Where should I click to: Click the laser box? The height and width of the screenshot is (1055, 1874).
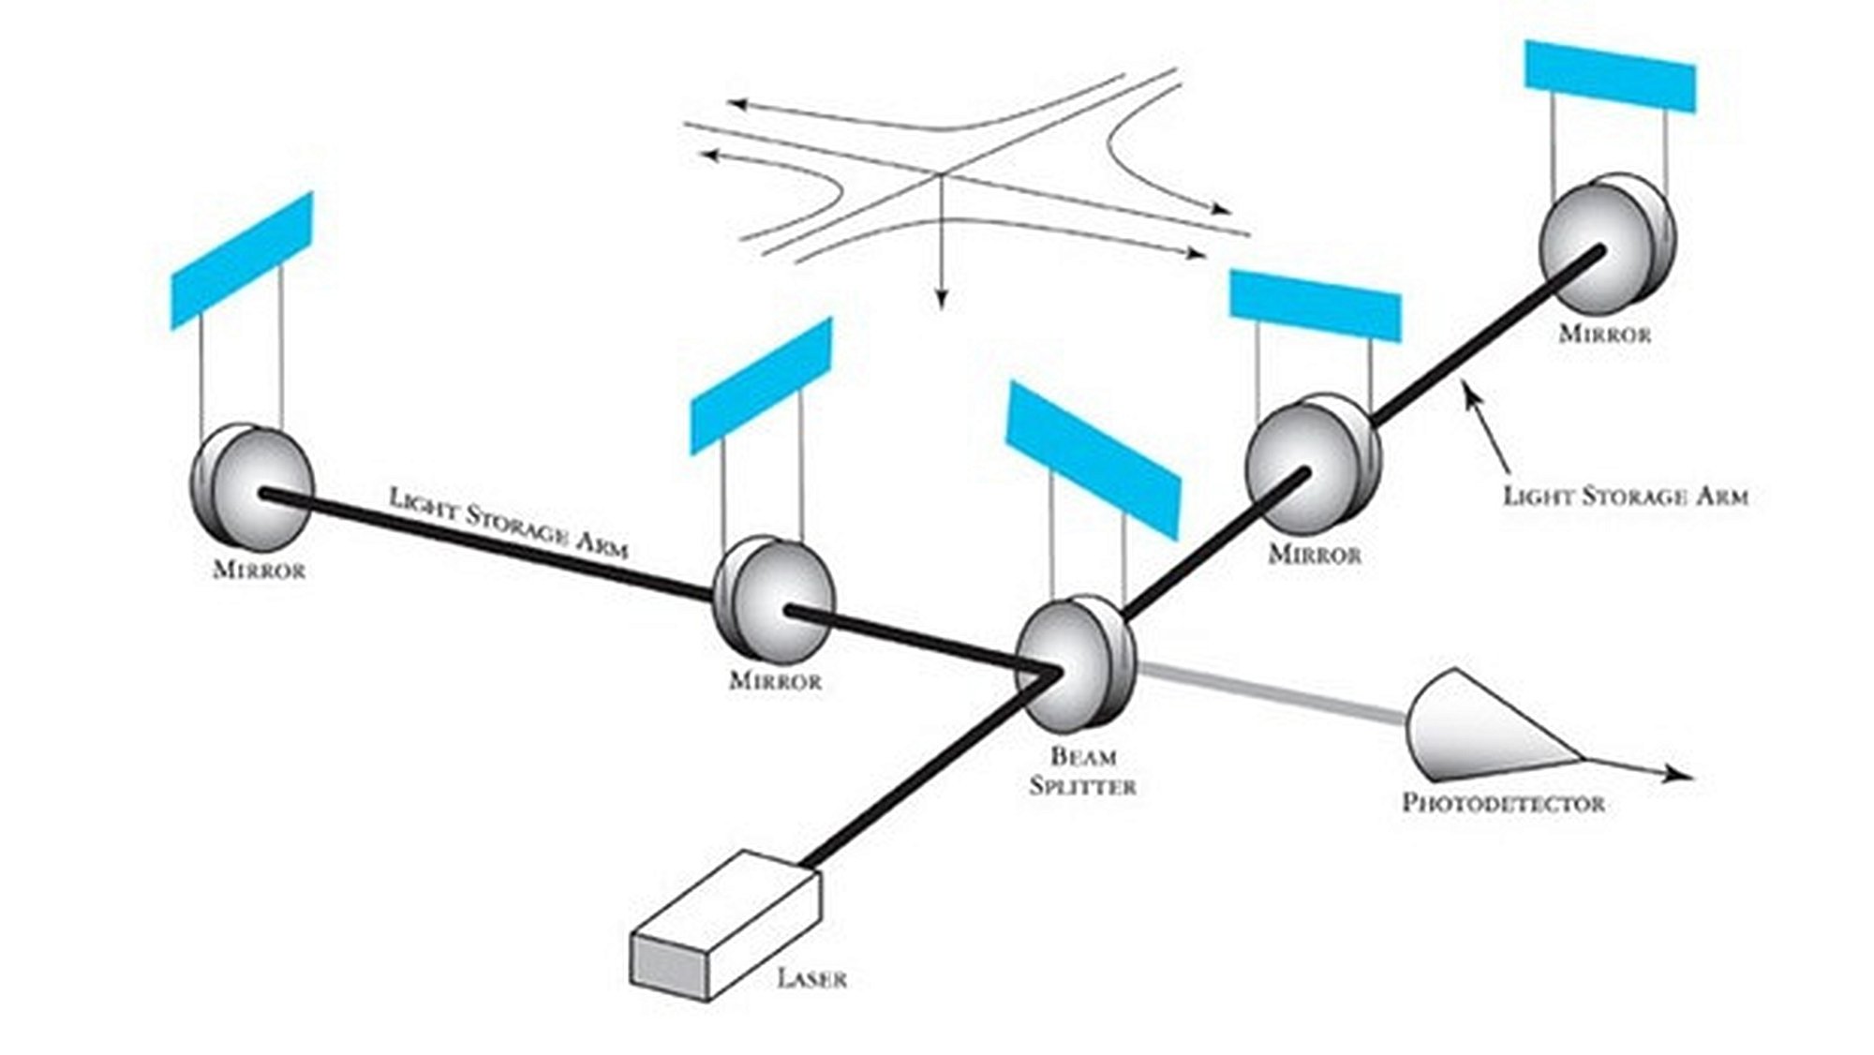pyautogui.click(x=726, y=928)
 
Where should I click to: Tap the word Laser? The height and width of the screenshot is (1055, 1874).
pyautogui.click(x=811, y=979)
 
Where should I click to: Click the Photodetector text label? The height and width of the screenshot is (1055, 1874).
pyautogui.click(x=1503, y=803)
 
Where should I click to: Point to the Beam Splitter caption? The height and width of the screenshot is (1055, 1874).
pyautogui.click(x=1082, y=770)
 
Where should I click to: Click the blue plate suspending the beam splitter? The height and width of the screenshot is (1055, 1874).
pyautogui.click(x=1093, y=459)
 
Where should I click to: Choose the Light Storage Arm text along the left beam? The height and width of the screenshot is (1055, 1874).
pyautogui.click(x=508, y=523)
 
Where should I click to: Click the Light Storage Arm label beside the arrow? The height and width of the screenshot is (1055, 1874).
pyautogui.click(x=1626, y=496)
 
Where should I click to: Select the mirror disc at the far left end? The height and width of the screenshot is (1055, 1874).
pyautogui.click(x=251, y=485)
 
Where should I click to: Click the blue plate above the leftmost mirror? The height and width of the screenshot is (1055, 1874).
pyautogui.click(x=242, y=260)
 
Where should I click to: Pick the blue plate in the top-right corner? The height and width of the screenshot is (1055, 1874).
pyautogui.click(x=1610, y=77)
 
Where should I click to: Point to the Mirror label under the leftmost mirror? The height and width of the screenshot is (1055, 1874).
pyautogui.click(x=260, y=570)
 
